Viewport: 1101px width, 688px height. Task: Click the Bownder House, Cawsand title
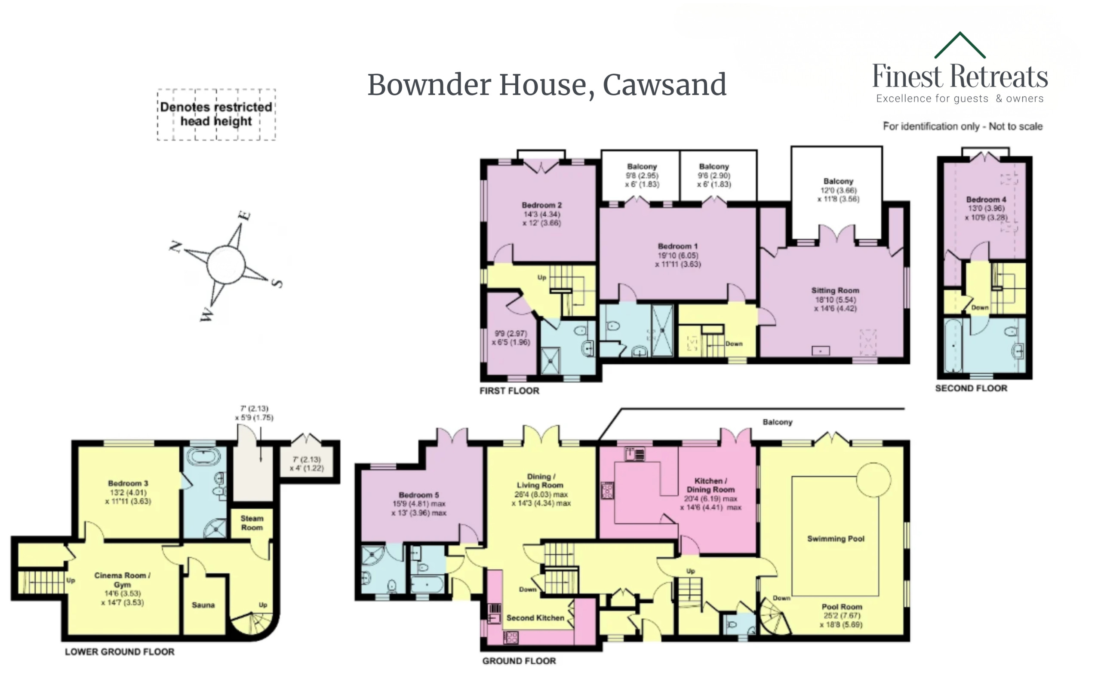547,85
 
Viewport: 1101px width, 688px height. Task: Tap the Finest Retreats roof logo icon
960,46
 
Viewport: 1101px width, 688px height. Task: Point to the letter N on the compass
175,247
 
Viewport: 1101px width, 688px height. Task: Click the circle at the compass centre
226,264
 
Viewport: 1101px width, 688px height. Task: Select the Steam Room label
252,523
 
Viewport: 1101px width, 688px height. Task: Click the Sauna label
203,605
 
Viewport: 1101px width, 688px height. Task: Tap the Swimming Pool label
836,539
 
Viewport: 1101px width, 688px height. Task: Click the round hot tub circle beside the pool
873,479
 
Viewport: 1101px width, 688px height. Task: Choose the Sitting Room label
835,290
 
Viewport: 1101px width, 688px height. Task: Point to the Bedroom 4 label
986,199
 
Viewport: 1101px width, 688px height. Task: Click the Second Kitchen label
535,618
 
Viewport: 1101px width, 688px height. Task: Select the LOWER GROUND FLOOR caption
120,651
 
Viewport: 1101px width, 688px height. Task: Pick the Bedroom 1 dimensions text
678,260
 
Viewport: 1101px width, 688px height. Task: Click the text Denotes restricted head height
216,114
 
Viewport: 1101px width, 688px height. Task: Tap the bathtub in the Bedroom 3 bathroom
203,456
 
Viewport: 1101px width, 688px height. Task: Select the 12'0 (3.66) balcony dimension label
838,190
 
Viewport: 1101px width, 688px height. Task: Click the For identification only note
963,126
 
